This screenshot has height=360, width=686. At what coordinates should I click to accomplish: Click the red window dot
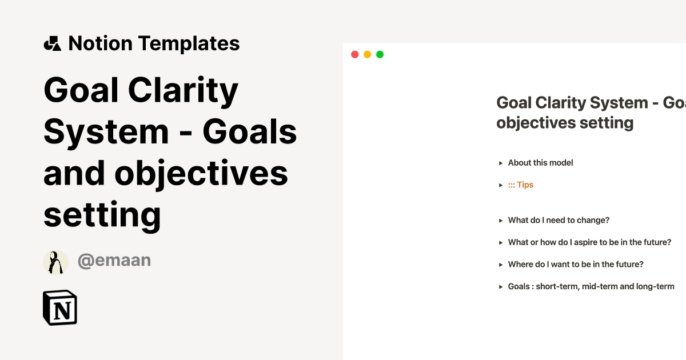click(x=354, y=54)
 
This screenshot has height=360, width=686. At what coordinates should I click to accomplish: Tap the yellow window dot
click(x=367, y=54)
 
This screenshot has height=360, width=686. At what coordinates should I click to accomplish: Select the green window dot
click(x=380, y=54)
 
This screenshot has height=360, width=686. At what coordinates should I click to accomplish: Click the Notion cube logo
click(x=60, y=308)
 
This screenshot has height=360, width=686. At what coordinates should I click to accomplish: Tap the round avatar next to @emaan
click(x=55, y=262)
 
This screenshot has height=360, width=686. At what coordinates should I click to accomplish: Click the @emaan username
click(x=114, y=261)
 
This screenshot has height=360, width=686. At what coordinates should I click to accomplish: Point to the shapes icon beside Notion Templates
click(x=53, y=43)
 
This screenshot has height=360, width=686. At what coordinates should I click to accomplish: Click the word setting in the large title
click(x=102, y=215)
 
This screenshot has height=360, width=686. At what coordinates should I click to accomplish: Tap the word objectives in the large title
click(x=201, y=174)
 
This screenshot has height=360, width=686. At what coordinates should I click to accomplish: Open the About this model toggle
click(x=540, y=163)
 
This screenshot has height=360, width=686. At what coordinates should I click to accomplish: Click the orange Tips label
click(x=521, y=185)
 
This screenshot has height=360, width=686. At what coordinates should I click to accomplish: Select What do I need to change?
click(x=559, y=221)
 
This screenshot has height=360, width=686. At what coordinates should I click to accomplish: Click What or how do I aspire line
click(x=589, y=242)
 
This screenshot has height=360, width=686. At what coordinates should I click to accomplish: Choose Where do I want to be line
click(x=576, y=265)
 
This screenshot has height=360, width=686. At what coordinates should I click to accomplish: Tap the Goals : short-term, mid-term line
click(x=591, y=286)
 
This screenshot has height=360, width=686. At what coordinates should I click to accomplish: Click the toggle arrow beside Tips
click(x=501, y=185)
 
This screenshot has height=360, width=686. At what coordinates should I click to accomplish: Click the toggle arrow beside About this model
click(x=501, y=163)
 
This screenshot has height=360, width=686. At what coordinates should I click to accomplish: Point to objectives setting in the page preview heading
click(x=565, y=123)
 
